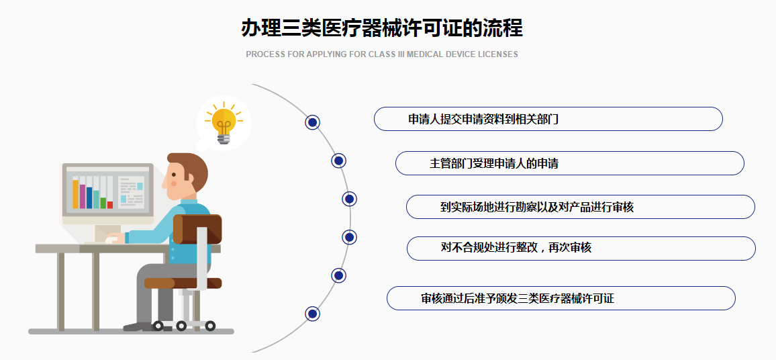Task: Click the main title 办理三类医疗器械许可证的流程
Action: click(381, 29)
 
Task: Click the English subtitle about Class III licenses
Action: click(381, 54)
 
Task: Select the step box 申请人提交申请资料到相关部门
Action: click(548, 119)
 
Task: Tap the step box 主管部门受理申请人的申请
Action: click(569, 163)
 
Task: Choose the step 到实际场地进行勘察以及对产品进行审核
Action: click(580, 207)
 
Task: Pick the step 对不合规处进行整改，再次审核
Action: click(581, 248)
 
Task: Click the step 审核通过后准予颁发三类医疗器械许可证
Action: click(561, 298)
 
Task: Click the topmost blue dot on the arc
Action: click(312, 122)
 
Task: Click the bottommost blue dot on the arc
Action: click(312, 313)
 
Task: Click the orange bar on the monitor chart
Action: click(75, 193)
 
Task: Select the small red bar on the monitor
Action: click(110, 205)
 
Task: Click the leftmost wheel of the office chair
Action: click(158, 326)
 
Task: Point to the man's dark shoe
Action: click(138, 326)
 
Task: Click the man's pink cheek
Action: click(173, 183)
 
